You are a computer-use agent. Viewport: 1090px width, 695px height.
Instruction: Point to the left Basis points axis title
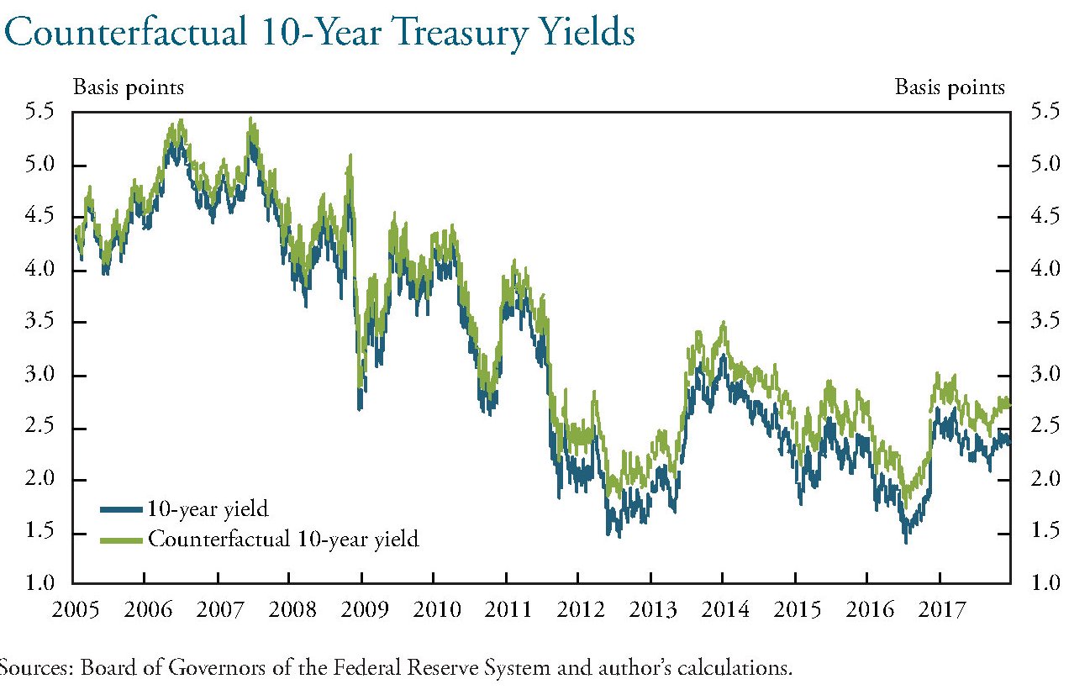(x=129, y=87)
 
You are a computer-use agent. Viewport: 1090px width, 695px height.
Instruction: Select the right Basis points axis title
(x=950, y=87)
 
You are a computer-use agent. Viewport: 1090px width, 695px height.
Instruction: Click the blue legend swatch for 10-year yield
(x=122, y=508)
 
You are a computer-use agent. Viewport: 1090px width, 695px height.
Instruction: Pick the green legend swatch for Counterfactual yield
(x=122, y=539)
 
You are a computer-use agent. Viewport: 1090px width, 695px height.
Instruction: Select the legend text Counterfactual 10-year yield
(x=282, y=539)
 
